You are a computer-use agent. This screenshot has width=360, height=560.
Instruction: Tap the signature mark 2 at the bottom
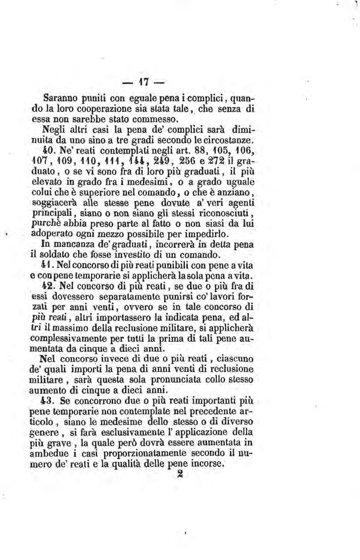point(179,474)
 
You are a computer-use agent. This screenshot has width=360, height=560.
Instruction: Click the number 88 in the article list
point(203,149)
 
